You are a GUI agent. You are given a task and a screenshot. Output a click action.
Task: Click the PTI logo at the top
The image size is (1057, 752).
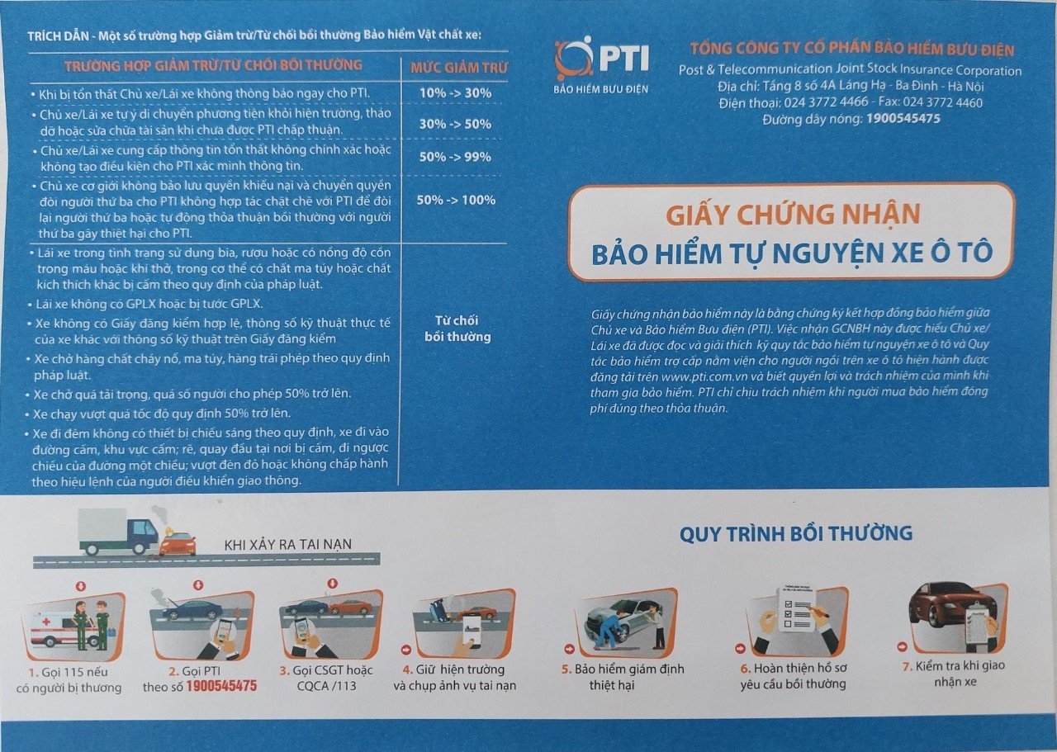click(602, 64)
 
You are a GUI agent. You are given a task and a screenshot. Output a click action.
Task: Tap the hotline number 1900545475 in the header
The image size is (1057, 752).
click(903, 118)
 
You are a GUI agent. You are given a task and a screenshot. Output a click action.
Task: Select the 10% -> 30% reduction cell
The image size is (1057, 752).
click(455, 93)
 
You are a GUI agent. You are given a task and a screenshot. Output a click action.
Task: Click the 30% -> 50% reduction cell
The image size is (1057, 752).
click(455, 124)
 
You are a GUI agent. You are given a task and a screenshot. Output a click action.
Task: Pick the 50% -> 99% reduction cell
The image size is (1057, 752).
click(455, 157)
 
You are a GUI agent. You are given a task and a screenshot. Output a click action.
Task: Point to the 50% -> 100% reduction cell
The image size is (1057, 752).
click(456, 200)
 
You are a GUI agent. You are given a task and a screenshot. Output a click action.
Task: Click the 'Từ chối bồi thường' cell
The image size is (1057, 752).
click(457, 329)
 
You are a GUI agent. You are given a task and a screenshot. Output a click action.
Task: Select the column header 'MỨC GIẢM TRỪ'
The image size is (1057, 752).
click(458, 68)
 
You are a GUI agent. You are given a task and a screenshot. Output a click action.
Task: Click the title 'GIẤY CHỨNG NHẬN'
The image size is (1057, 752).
click(793, 215)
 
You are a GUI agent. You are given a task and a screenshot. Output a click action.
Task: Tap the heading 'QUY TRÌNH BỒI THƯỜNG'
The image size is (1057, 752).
click(796, 533)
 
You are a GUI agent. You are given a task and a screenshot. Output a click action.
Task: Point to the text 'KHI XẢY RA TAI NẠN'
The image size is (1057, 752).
click(288, 545)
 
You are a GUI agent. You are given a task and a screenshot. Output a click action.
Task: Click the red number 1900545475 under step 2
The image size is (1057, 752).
click(221, 685)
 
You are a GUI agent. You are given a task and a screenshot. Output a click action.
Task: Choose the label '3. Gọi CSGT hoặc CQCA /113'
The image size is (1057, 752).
click(326, 678)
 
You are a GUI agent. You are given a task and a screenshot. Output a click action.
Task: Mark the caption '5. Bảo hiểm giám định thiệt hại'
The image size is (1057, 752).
click(623, 677)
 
